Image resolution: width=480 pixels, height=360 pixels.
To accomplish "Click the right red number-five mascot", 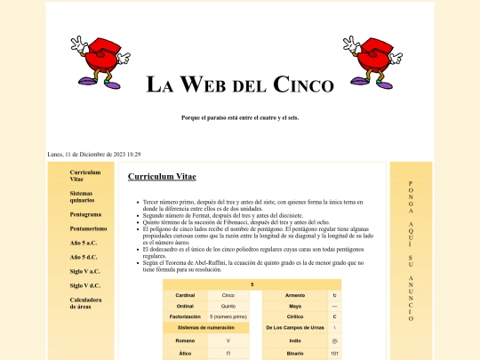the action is pyautogui.click(x=373, y=62).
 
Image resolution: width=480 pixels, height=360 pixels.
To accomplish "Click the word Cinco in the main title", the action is pyautogui.click(x=304, y=85).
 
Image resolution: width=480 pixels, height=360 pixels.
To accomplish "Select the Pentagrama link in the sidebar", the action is pyautogui.click(x=85, y=214).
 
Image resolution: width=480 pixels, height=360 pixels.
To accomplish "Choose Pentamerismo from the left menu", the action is pyautogui.click(x=89, y=228).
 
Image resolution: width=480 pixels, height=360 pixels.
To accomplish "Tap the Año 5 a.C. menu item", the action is pyautogui.click(x=84, y=243).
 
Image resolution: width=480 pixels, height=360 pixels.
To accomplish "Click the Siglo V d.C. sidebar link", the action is pyautogui.click(x=85, y=285).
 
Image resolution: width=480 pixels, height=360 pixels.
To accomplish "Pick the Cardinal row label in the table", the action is pyautogui.click(x=185, y=294).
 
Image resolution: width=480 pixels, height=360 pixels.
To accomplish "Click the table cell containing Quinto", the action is pyautogui.click(x=228, y=305).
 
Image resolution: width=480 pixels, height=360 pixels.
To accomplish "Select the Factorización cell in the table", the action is pyautogui.click(x=185, y=316).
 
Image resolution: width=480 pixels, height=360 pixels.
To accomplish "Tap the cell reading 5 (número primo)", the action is pyautogui.click(x=228, y=316).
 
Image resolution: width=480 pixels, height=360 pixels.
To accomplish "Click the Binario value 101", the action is pyautogui.click(x=334, y=353).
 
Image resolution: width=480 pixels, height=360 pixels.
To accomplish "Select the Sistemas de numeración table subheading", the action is pyautogui.click(x=206, y=328).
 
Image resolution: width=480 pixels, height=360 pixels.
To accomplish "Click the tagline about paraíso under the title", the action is pyautogui.click(x=240, y=117).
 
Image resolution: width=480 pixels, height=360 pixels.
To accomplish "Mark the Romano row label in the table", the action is pyautogui.click(x=185, y=340).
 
